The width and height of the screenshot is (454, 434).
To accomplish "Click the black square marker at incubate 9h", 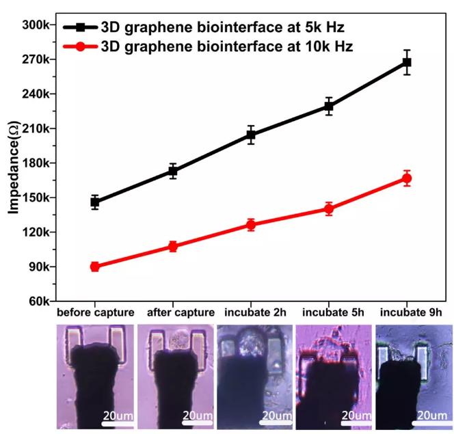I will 407,62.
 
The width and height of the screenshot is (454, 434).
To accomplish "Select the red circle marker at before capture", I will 95,267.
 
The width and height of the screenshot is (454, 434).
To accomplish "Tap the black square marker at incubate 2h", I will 251,135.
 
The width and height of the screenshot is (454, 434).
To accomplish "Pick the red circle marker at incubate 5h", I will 329,209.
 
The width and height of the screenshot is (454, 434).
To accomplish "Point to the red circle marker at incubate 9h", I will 407,179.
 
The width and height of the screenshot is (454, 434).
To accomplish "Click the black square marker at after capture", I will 173,172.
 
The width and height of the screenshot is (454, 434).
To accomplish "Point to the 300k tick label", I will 35,25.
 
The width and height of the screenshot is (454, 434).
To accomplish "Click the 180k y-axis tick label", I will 35,163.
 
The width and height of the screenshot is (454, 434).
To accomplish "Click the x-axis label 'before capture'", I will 95,313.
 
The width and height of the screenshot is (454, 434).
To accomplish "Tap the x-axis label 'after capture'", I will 173,313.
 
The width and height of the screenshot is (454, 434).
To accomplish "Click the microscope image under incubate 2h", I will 252,375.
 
